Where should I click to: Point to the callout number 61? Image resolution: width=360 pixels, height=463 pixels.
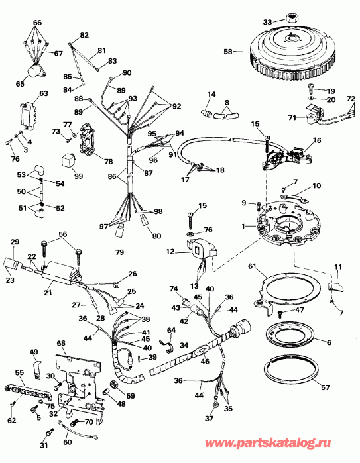(253, 266)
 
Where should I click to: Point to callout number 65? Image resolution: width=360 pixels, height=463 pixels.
(19, 84)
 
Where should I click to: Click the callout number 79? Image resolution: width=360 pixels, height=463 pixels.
(119, 251)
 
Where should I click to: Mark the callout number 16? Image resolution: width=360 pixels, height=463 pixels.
(317, 141)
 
